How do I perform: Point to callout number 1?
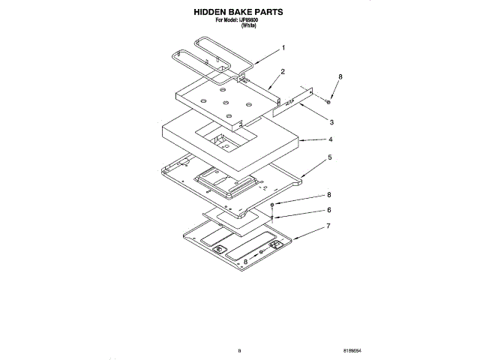click(x=283, y=47)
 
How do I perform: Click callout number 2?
click(x=282, y=71)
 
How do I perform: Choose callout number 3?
click(x=331, y=121)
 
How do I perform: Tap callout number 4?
click(x=330, y=140)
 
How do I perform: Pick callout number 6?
click(x=328, y=210)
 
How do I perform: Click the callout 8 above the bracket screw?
click(x=340, y=77)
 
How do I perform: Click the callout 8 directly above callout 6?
click(x=328, y=195)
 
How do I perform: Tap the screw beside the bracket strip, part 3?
click(x=328, y=100)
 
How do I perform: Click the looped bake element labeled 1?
click(x=214, y=58)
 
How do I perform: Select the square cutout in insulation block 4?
click(x=224, y=138)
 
